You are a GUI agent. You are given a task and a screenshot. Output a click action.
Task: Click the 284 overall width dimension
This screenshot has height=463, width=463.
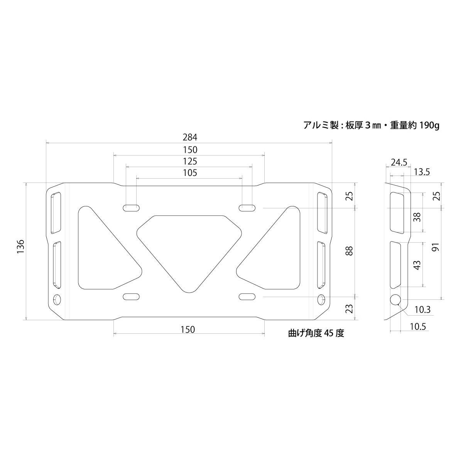189,137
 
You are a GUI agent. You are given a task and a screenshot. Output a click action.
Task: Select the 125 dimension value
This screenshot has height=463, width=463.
189,161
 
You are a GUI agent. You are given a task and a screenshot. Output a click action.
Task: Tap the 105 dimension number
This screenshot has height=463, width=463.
189,173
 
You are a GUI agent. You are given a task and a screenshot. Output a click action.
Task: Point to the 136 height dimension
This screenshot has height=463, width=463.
20,247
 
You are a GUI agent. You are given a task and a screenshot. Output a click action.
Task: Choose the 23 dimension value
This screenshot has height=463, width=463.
349,309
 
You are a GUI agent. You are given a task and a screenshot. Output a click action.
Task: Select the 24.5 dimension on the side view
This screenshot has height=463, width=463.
399,162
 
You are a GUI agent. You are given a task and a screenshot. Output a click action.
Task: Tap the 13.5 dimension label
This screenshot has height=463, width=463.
421,172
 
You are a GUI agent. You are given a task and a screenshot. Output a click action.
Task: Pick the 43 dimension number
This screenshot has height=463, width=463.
417,265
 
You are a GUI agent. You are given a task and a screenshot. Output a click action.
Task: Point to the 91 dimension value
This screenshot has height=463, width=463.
436,247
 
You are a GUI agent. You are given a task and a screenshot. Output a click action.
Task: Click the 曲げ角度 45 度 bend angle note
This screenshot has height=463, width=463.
316,333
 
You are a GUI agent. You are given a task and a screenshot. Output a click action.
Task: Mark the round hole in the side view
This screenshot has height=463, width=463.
395,299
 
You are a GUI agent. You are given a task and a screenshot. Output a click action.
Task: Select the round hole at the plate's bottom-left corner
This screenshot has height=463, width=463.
57,299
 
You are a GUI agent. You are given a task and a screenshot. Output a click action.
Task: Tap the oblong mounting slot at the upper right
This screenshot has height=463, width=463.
247,208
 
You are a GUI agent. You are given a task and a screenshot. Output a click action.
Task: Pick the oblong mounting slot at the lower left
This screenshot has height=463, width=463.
131,296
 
